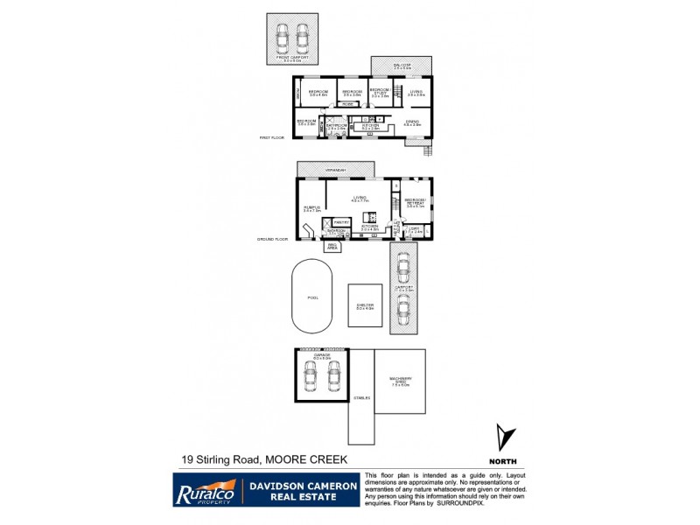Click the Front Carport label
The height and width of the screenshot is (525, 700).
coord(291,59)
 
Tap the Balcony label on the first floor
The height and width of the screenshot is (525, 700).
coord(402,66)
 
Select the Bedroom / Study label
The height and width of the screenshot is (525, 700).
coord(379,93)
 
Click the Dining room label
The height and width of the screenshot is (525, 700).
coord(412,123)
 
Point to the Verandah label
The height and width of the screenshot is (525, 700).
coord(336,169)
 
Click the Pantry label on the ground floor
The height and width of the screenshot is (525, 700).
coord(341,223)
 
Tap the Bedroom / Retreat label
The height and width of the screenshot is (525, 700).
coord(415,202)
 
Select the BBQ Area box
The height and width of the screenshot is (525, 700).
coord(332,247)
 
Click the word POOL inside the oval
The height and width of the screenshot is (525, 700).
coord(312,297)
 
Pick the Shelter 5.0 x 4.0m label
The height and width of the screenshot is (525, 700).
coord(365,307)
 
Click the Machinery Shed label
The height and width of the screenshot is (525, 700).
coord(400,381)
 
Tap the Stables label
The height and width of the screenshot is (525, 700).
coord(361,398)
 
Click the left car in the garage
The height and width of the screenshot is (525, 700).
coord(310,376)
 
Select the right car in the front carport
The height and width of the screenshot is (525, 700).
coord(303,36)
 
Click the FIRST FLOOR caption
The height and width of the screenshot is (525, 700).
coord(273,138)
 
